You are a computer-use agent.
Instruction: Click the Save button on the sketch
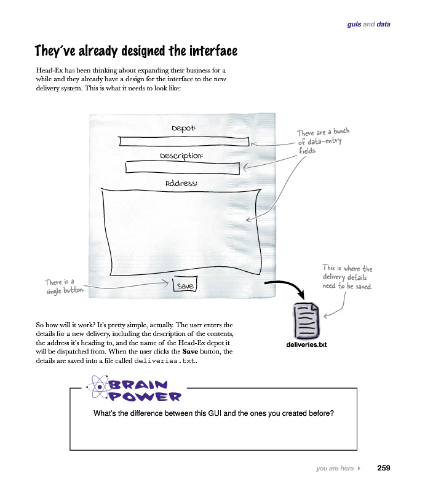185,286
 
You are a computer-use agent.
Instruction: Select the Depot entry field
184,141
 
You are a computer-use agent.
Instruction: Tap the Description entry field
182,167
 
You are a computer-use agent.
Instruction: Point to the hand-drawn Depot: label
184,128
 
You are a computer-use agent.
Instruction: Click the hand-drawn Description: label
181,156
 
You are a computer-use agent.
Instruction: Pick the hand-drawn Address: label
181,183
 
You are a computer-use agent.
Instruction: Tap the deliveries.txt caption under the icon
306,344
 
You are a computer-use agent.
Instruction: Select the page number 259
383,468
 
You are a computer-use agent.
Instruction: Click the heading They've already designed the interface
136,50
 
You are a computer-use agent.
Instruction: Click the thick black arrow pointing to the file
289,289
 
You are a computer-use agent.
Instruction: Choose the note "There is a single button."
64,286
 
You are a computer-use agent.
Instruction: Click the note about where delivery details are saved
347,277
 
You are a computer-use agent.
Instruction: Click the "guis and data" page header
368,25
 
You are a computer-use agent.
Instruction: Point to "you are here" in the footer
335,469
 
